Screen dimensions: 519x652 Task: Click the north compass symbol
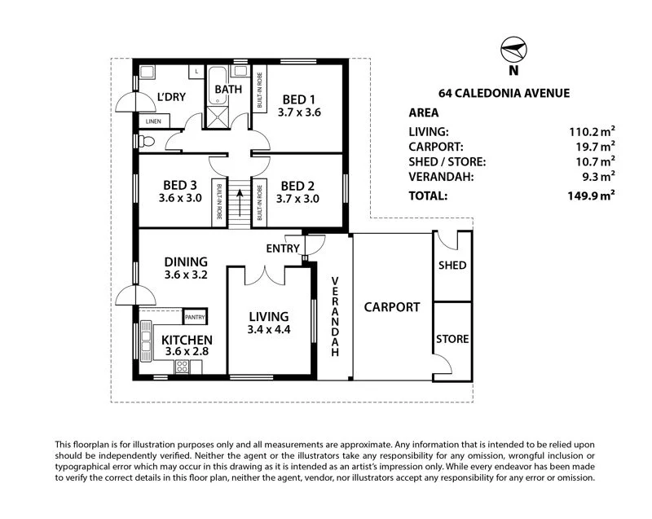511,51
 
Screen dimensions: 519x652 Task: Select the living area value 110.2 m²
591,131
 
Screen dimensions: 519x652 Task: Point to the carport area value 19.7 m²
594,147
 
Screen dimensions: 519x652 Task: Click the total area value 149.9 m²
591,196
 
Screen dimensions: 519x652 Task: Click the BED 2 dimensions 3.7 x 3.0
297,198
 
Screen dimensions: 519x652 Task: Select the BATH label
228,90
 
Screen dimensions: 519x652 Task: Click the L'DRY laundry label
171,98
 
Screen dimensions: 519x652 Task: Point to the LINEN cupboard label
154,121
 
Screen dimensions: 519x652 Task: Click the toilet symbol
146,141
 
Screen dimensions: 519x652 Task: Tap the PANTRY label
195,317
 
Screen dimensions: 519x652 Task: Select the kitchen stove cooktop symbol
182,366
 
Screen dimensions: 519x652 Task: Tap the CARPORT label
392,307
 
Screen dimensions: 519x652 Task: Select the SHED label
452,266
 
